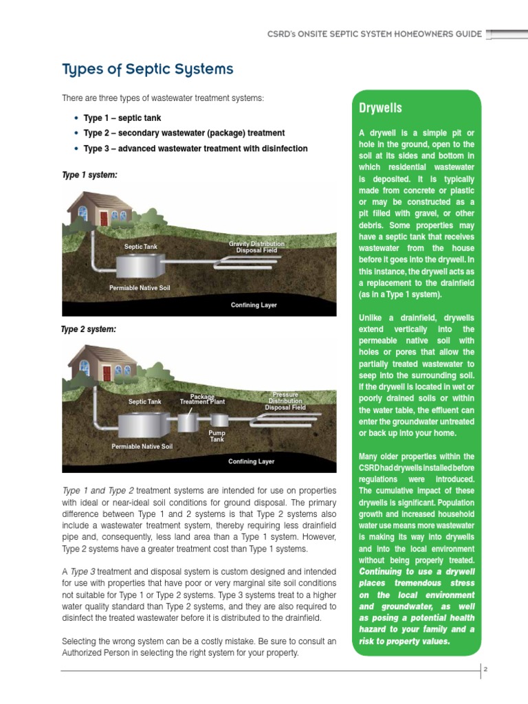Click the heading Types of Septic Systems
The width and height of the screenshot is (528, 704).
[x=147, y=69]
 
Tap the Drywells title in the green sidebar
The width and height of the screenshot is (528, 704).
[x=380, y=109]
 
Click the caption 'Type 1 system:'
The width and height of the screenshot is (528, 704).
[x=89, y=175]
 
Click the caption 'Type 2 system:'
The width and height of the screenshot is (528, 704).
[x=89, y=329]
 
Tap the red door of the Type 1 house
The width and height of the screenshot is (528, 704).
[x=104, y=219]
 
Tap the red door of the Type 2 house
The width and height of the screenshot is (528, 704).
[x=106, y=373]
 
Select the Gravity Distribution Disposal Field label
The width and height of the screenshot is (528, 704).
[x=256, y=247]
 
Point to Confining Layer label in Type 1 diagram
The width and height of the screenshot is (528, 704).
[x=254, y=305]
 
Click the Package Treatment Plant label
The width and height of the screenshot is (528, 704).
[x=202, y=399]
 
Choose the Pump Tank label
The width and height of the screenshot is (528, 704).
[x=217, y=436]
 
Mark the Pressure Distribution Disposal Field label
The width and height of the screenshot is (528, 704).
[x=285, y=401]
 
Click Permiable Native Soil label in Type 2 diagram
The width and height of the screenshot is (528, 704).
[x=142, y=446]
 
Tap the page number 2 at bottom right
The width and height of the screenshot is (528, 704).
[x=484, y=668]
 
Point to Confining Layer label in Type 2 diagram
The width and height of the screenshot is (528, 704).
[x=251, y=461]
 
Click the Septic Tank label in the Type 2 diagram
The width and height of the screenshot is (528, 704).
[x=144, y=401]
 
